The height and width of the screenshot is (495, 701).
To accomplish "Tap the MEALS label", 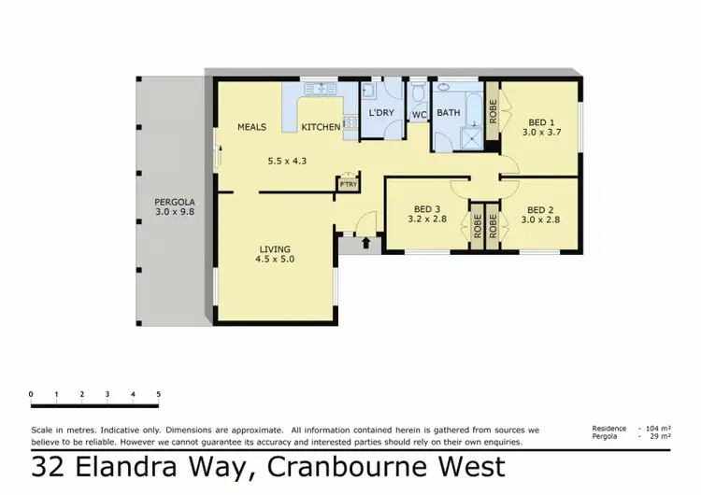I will (x=252, y=127).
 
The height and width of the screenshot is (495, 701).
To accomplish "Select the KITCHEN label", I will (x=321, y=127).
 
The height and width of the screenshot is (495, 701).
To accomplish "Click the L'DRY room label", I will (x=381, y=113).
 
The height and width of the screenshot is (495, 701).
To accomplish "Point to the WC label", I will (x=420, y=114).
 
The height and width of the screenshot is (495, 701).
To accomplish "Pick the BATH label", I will (x=449, y=113).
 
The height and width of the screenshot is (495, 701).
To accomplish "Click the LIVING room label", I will (x=276, y=247).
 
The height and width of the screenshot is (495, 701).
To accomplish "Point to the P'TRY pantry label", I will (x=349, y=184).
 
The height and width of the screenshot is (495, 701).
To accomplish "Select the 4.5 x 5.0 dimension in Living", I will (x=276, y=259).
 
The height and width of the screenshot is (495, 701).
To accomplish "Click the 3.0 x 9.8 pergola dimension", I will (x=175, y=212).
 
